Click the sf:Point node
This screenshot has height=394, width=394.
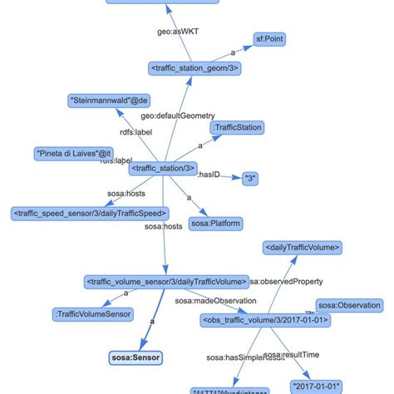click(x=274, y=37)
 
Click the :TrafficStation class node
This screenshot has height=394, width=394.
click(x=237, y=127)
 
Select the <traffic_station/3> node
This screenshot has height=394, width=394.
click(x=163, y=169)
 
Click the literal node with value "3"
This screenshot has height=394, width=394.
click(x=253, y=177)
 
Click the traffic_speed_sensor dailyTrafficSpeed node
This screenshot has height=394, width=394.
click(x=90, y=214)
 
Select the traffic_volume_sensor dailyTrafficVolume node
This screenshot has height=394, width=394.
click(x=167, y=282)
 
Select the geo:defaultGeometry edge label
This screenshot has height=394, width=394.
click(x=166, y=115)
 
